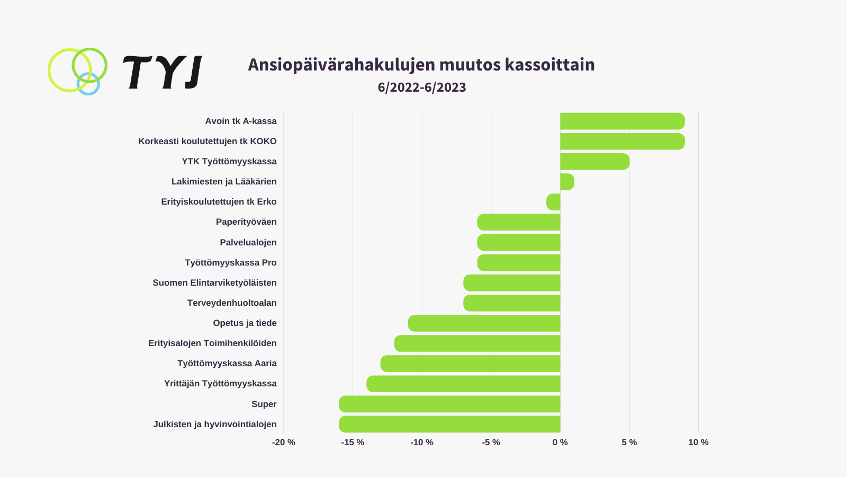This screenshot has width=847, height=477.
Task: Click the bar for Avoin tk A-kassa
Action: point(622,121)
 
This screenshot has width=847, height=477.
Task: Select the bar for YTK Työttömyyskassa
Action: point(594,162)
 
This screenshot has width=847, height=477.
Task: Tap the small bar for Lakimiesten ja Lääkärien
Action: point(567,182)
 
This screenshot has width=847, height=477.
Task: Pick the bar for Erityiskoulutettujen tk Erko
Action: point(554,202)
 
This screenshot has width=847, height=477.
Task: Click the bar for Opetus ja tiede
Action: point(484,323)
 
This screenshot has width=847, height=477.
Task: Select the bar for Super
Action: point(449,404)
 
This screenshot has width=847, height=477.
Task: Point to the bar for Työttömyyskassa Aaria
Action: point(470,364)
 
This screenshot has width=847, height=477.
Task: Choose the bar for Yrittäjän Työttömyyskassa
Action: point(463,384)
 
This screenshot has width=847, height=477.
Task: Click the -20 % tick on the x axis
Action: point(284,443)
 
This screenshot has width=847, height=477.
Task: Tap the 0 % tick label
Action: point(560,443)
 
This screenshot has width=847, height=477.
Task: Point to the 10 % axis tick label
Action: point(698,443)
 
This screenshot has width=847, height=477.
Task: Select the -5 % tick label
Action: point(491,443)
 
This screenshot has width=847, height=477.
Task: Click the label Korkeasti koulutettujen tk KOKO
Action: point(208,142)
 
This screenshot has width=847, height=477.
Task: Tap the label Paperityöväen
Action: point(246,222)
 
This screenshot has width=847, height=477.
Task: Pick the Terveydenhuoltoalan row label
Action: point(232,303)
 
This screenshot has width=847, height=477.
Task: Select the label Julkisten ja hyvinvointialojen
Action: point(215,425)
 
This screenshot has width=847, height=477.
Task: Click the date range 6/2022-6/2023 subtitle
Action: point(422,87)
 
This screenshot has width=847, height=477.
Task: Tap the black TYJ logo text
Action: point(163,72)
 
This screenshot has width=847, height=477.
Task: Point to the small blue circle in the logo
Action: point(88,85)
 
